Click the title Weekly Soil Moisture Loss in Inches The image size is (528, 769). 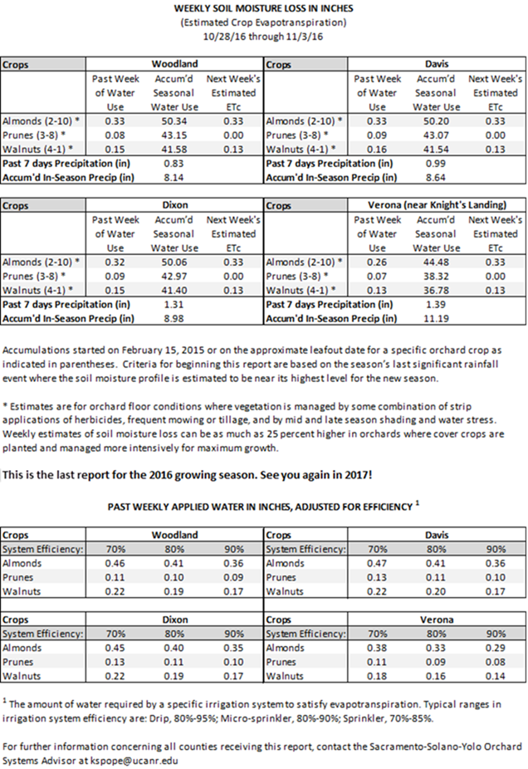(264, 8)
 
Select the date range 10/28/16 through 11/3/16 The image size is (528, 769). (264, 37)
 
